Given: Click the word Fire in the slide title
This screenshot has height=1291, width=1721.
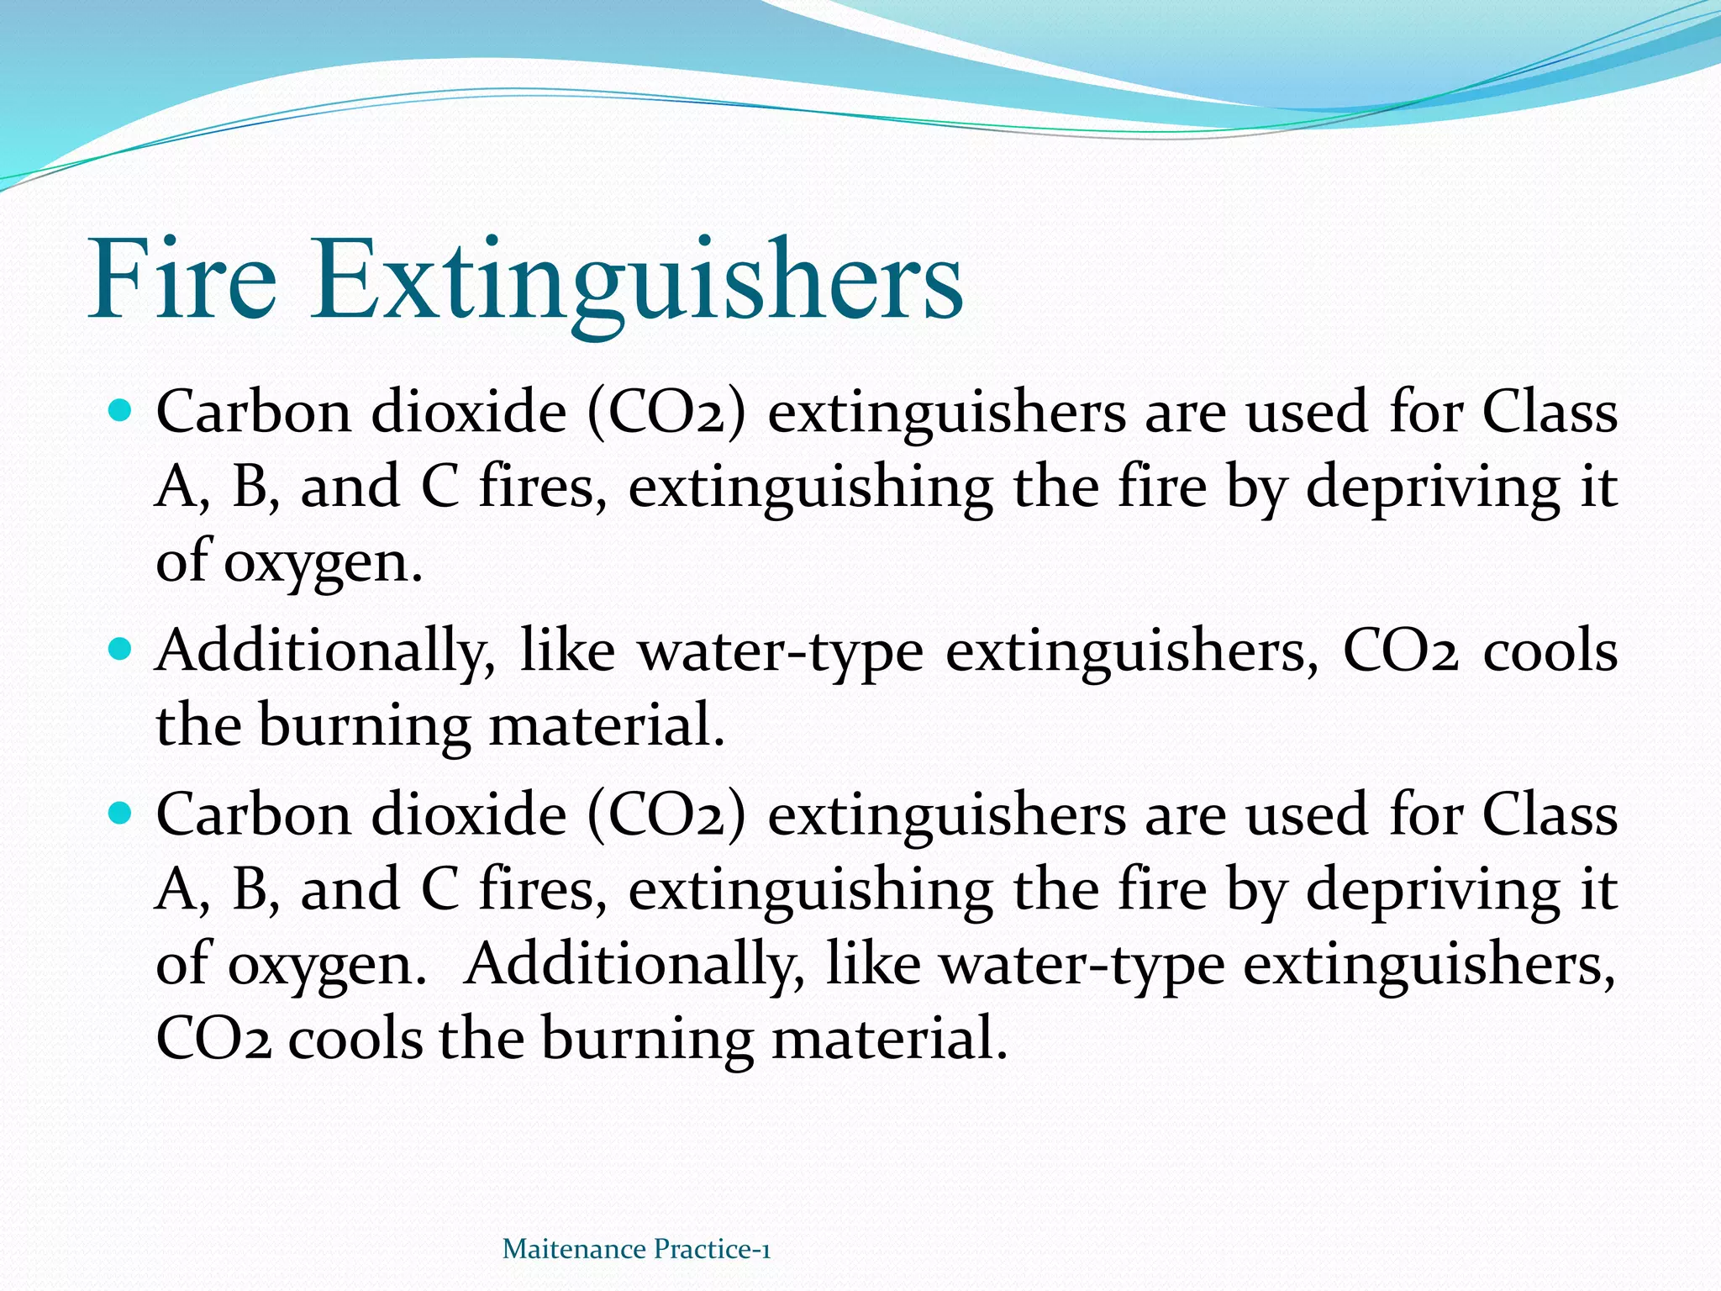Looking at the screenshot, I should tap(182, 279).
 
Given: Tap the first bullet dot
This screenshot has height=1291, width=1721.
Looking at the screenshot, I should tap(122, 412).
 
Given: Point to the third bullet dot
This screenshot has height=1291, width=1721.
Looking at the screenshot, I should tap(122, 814).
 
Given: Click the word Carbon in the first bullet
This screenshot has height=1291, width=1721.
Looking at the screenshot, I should tap(254, 412).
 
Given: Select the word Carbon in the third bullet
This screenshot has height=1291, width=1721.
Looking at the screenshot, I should tap(254, 814).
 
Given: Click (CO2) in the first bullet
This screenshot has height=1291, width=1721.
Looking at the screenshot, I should tap(666, 412).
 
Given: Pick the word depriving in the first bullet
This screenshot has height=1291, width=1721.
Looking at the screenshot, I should tap(1433, 487).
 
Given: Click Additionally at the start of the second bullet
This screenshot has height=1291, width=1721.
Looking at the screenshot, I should tap(325, 651).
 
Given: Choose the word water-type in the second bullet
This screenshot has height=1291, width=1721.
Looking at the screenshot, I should tap(781, 651).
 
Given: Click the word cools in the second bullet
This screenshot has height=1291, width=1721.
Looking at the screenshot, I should tap(1550, 651).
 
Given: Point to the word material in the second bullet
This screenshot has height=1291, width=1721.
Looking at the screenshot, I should tap(607, 725).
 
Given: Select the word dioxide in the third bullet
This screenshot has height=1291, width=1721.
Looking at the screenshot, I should tap(469, 814).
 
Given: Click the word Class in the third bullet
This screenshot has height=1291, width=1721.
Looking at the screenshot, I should tap(1550, 814).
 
